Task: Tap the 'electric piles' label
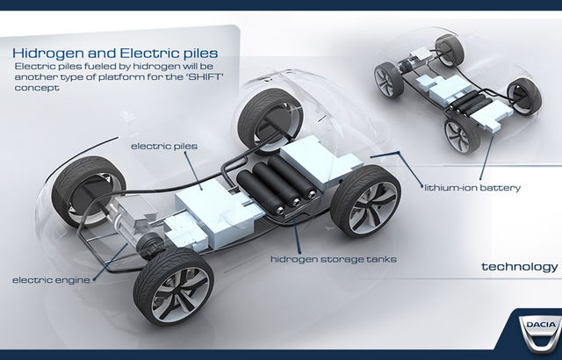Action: (x=160, y=144)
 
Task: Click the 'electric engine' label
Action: (x=48, y=281)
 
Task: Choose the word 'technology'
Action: (x=520, y=266)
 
